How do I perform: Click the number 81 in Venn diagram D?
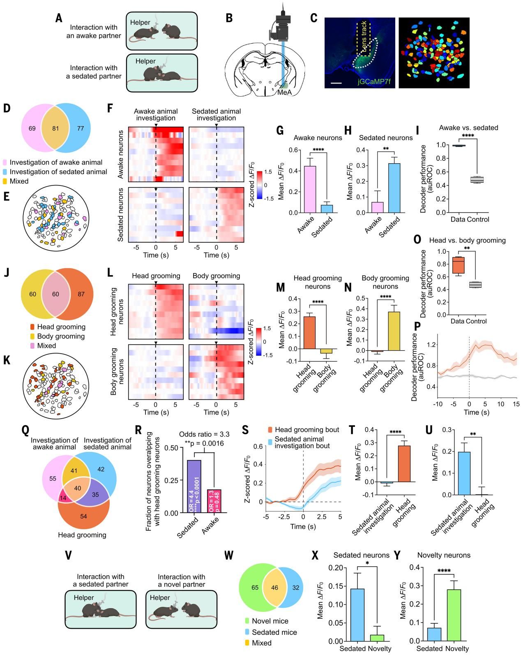55,128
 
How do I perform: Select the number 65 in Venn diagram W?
255,588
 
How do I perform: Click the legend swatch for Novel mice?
247,621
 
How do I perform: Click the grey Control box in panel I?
477,180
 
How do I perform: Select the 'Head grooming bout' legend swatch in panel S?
270,430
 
